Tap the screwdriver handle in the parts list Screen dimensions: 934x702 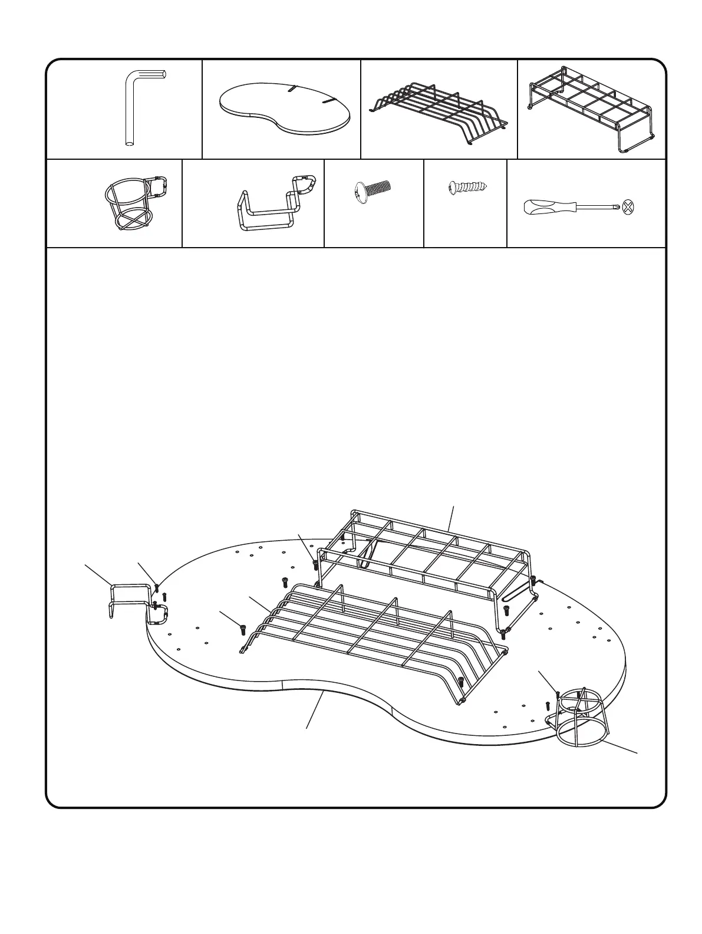pos(548,208)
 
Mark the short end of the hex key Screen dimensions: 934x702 pos(154,74)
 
